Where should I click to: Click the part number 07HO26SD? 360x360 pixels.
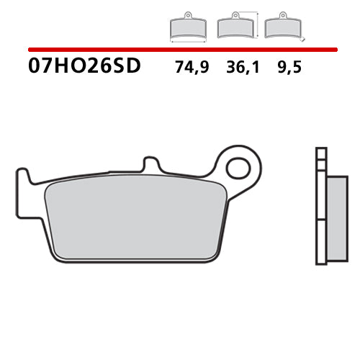click(85, 67)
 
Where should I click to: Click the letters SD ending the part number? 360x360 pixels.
click(129, 67)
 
